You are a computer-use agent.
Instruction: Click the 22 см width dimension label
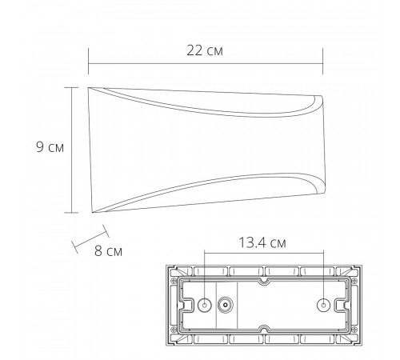coord(205,50)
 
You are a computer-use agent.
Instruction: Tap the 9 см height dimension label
coord(50,147)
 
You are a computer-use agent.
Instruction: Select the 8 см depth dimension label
coord(108,251)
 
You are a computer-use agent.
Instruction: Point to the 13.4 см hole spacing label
coord(262,242)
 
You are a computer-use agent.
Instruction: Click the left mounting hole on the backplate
coord(205,305)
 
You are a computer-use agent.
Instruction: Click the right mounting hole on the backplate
coord(323,305)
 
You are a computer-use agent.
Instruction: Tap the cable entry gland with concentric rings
coord(226,305)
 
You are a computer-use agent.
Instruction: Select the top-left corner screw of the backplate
coord(174,281)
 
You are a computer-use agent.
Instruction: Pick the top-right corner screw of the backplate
coord(354,281)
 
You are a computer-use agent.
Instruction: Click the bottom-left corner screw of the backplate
coord(174,330)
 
